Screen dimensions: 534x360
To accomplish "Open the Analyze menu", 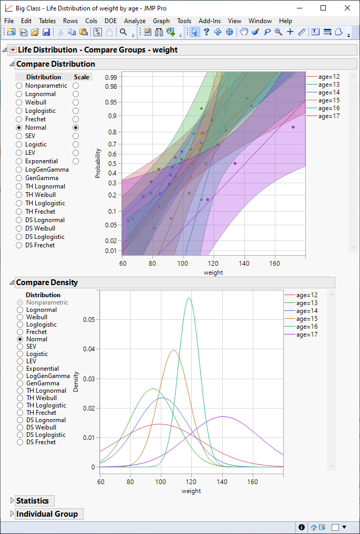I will point(135,21).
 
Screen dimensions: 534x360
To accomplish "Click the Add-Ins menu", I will point(210,21).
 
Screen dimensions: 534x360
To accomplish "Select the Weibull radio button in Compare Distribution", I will point(19,102).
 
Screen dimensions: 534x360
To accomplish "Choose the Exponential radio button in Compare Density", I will point(20,369).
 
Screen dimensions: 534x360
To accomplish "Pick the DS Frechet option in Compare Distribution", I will point(19,245).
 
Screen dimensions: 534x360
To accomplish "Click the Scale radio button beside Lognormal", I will point(76,94).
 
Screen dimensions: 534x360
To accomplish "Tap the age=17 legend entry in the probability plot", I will point(328,116).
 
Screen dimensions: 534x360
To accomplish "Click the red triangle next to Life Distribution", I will point(13,50).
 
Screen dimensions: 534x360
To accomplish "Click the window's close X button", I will point(347,8).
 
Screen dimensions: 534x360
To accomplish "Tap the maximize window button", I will point(323,8).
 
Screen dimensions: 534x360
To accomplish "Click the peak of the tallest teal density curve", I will point(189,298).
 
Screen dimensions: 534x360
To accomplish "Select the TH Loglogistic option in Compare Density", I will point(20,405).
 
